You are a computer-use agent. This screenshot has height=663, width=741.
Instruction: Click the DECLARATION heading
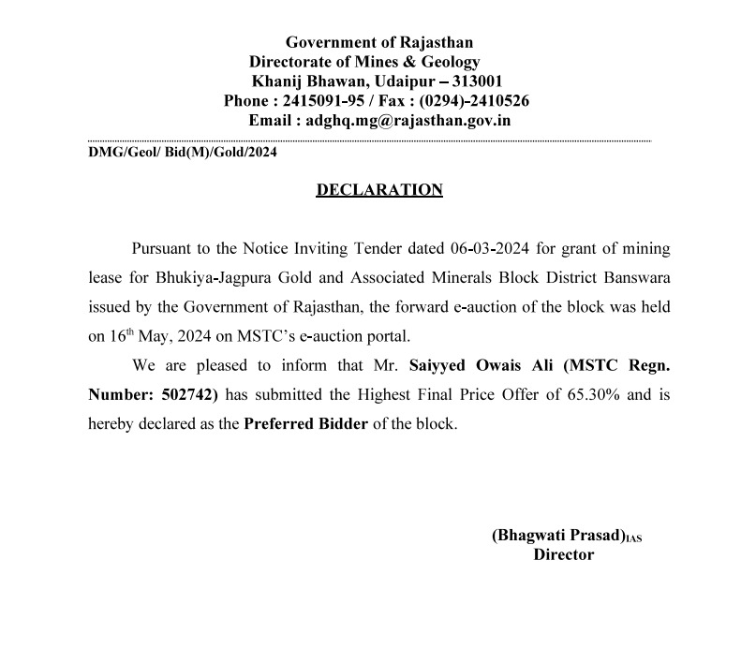point(379,190)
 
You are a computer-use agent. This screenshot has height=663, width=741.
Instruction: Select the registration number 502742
point(188,394)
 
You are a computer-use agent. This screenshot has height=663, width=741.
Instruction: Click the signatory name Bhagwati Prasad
point(558,536)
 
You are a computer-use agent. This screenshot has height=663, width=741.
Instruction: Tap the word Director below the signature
point(564,554)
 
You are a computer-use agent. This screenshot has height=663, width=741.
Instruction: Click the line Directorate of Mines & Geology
point(364,62)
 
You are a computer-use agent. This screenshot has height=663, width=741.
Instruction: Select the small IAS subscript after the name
point(636,538)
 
